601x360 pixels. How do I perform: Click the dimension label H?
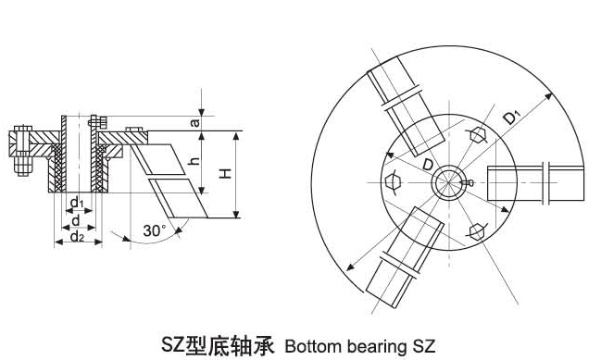point(226,173)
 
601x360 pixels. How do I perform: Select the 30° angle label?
point(154,230)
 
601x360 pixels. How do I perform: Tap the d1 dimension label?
point(78,203)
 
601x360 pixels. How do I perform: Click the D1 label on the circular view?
point(511,118)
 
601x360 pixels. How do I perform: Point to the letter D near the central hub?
point(425,163)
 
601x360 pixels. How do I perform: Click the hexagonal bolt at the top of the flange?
point(478,136)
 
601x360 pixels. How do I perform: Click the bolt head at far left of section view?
point(20,143)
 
